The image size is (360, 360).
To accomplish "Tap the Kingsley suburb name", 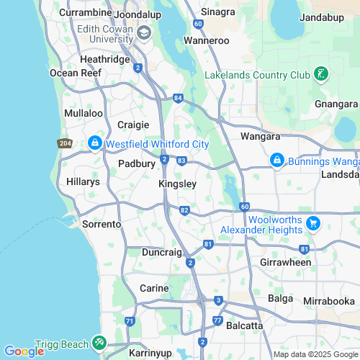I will (x=177, y=184).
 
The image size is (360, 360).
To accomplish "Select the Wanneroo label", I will (x=207, y=41).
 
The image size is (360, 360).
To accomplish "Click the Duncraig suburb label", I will (x=161, y=253).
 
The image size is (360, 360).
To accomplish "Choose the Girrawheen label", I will (x=285, y=262).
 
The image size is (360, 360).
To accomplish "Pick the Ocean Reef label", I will (x=72, y=73).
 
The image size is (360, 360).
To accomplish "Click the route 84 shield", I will (x=178, y=98).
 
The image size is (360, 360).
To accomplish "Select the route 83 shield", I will (x=181, y=160).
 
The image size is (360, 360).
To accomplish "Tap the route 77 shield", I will (x=217, y=320).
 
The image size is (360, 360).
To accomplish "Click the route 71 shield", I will (x=130, y=320).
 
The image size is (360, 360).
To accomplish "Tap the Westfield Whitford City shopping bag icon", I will (x=94, y=144).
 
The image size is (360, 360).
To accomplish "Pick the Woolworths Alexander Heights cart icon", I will (x=312, y=224).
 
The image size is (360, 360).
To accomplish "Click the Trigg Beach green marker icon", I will (x=98, y=343).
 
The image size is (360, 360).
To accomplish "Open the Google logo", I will (x=24, y=351).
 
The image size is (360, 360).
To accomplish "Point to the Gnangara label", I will (x=336, y=104).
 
